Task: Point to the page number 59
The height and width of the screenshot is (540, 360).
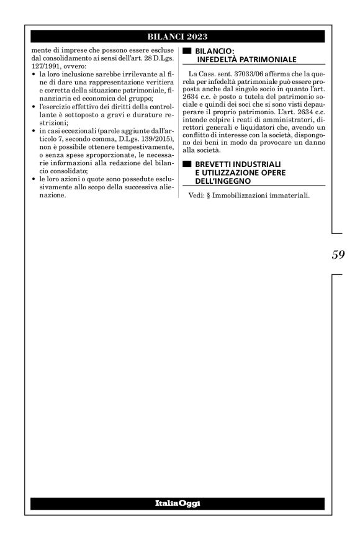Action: pyautogui.click(x=338, y=254)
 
